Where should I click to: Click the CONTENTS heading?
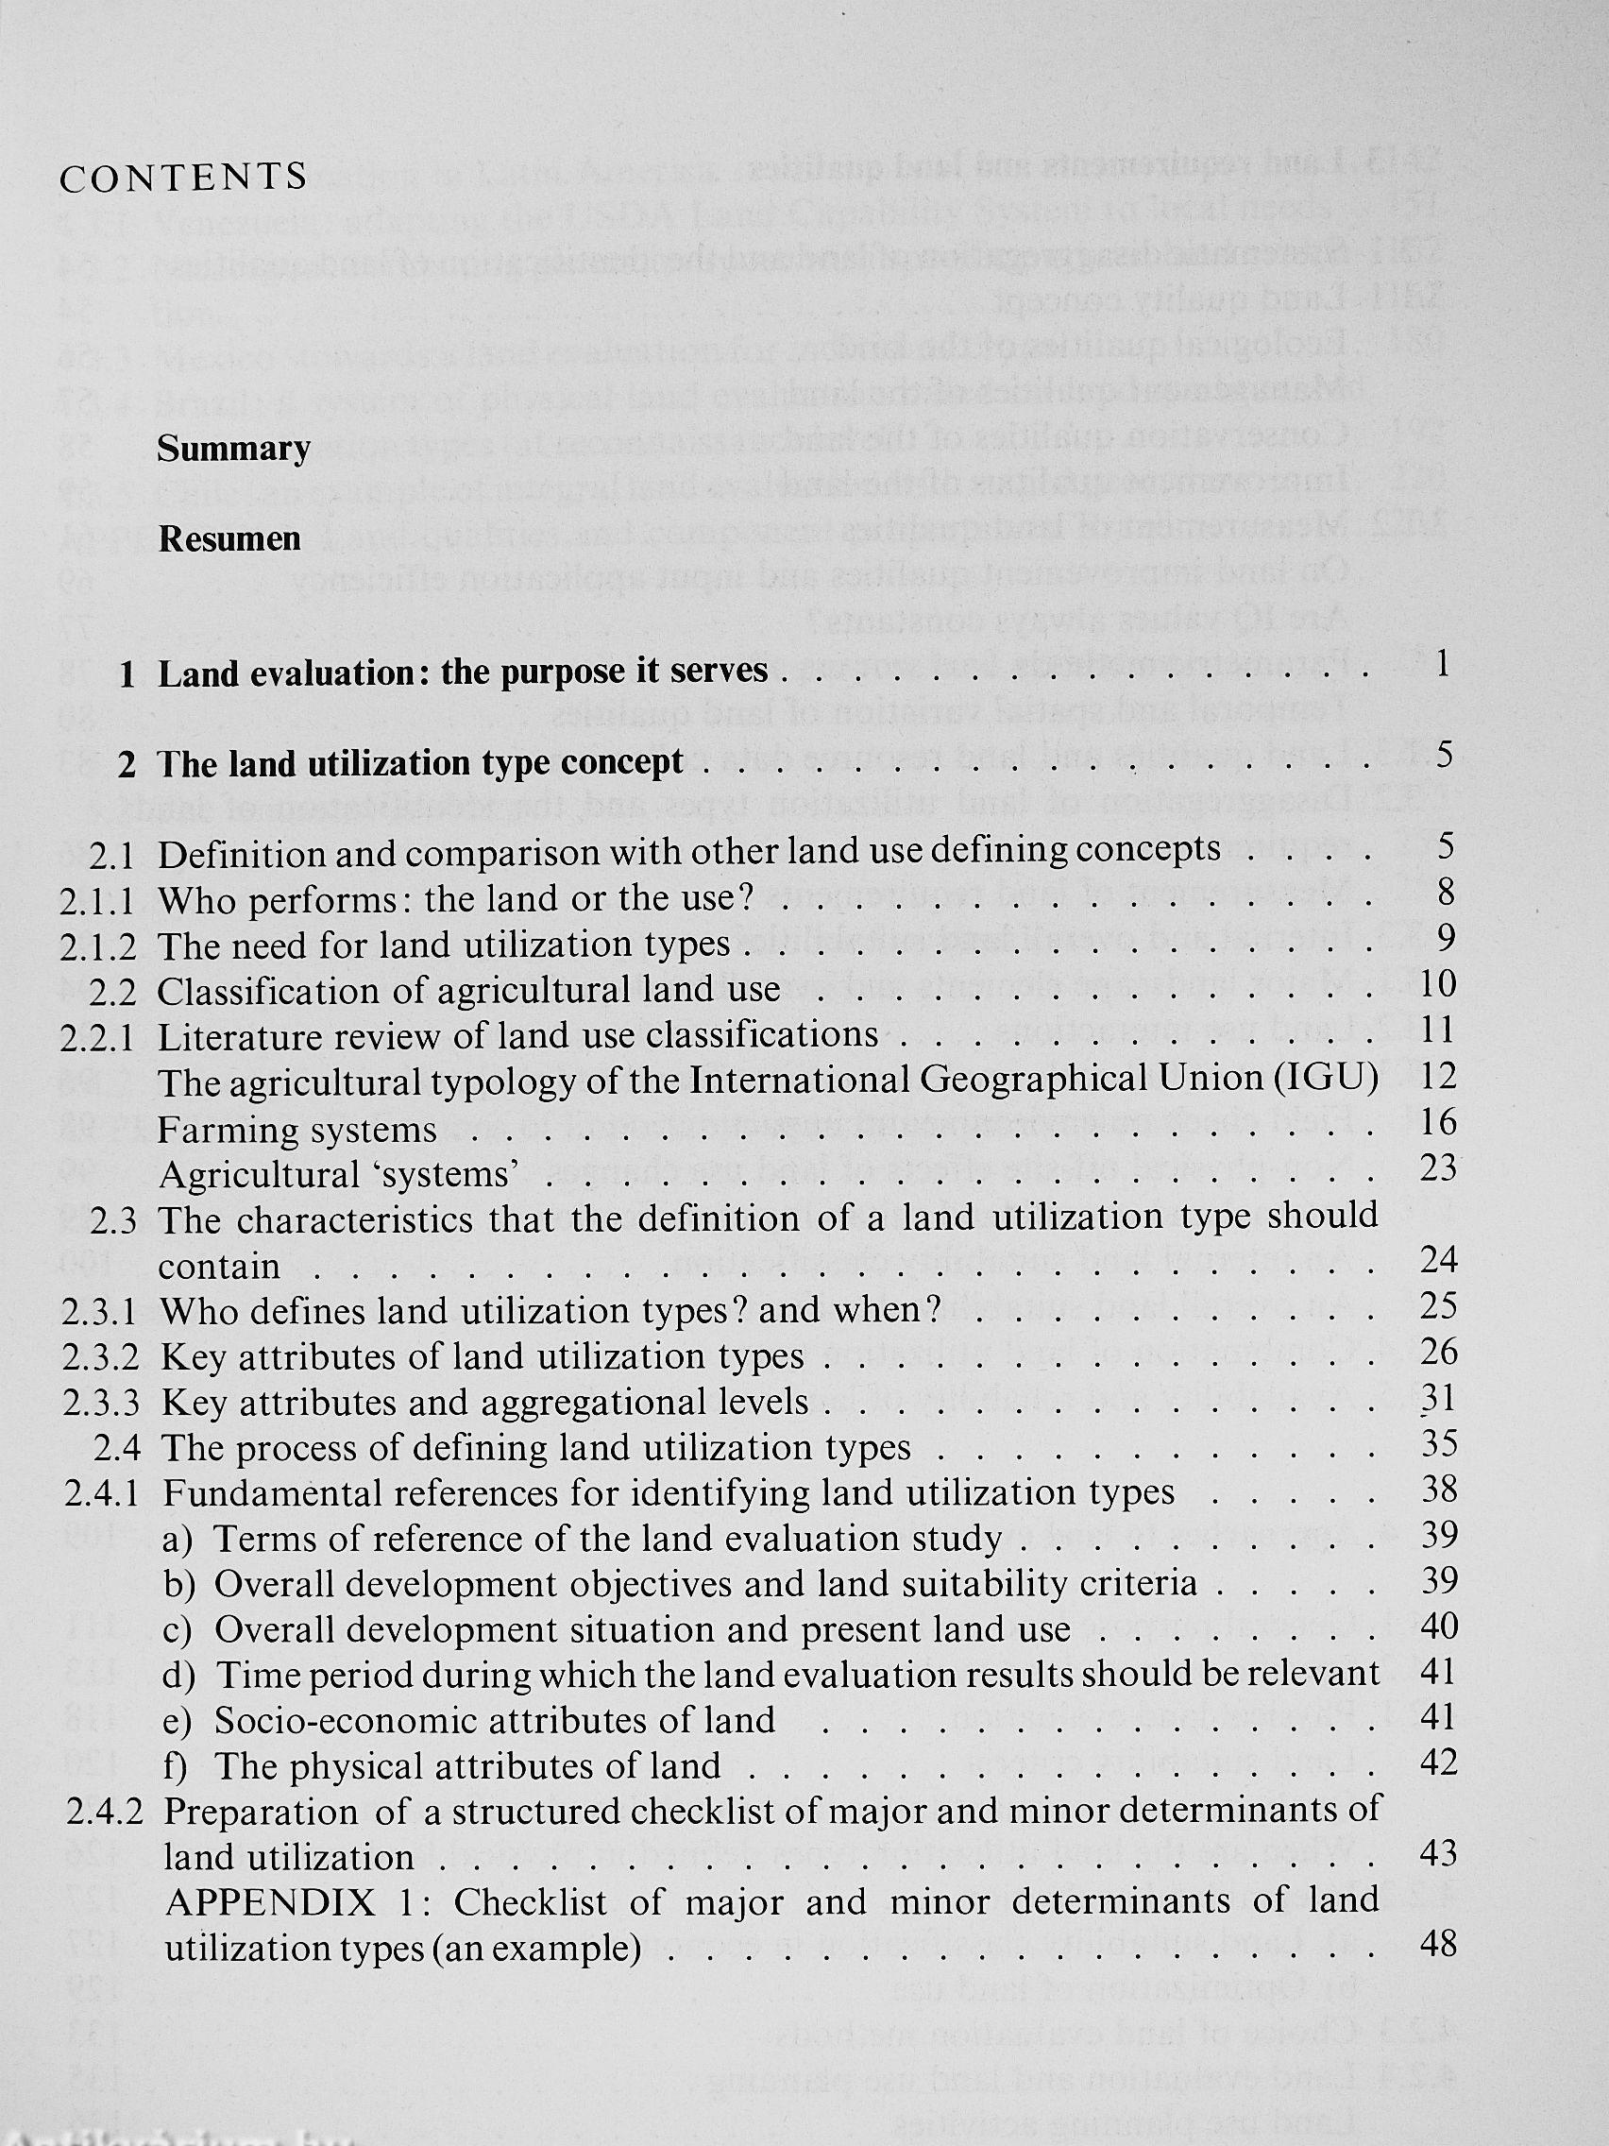coord(183,179)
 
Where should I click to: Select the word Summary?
coord(234,450)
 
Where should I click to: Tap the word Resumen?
coord(229,539)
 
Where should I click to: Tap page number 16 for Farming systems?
coord(1438,1122)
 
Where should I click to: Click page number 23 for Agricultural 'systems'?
coord(1438,1168)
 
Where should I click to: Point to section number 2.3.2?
coord(98,1357)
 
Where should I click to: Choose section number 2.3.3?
coord(98,1403)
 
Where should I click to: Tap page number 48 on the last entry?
coord(1437,1943)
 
